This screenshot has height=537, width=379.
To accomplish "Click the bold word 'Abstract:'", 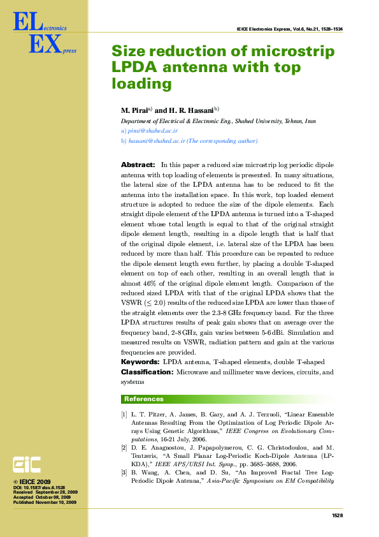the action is (x=138, y=165).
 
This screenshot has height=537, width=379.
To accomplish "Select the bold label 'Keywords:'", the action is (x=140, y=362).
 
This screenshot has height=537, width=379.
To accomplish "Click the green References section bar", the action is (x=227, y=399).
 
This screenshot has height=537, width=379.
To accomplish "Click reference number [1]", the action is (x=124, y=415).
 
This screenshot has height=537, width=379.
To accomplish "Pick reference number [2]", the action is (x=124, y=448).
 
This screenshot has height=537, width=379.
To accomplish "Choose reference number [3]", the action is (x=124, y=473).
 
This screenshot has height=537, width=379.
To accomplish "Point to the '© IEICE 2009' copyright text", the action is (x=36, y=482).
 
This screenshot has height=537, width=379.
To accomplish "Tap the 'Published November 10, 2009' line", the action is (x=45, y=503).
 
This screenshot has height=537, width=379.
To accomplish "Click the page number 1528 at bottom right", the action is (x=338, y=515).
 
